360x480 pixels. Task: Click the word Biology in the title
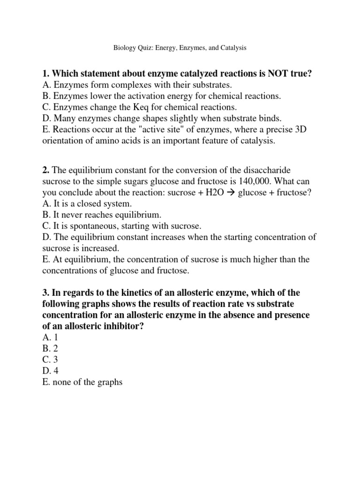[x=124, y=48]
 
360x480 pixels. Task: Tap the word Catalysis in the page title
[x=231, y=48]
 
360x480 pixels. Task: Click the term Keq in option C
[x=130, y=107]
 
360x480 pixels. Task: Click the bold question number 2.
[x=46, y=169]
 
